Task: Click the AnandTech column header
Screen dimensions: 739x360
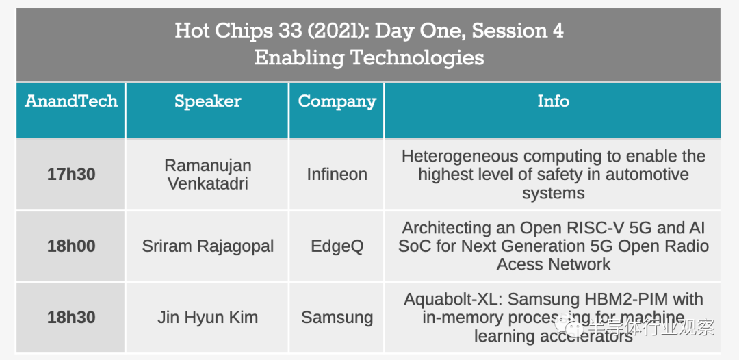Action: (71, 101)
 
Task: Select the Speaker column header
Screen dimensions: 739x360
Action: (208, 101)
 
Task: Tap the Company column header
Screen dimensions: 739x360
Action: (337, 101)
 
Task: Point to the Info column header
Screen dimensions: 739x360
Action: (554, 101)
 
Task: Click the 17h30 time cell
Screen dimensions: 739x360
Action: (71, 175)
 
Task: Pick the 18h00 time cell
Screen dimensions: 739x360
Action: (71, 246)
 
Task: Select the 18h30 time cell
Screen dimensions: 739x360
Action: (71, 318)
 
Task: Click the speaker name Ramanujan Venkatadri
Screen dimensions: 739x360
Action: (208, 175)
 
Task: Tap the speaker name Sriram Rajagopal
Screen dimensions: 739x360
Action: (208, 246)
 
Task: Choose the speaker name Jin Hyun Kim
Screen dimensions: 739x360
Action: (208, 318)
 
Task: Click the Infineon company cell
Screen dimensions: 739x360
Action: (337, 175)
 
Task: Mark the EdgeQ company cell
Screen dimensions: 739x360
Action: (337, 246)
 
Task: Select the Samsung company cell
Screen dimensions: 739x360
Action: (337, 318)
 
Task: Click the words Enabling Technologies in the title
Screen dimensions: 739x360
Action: (369, 58)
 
